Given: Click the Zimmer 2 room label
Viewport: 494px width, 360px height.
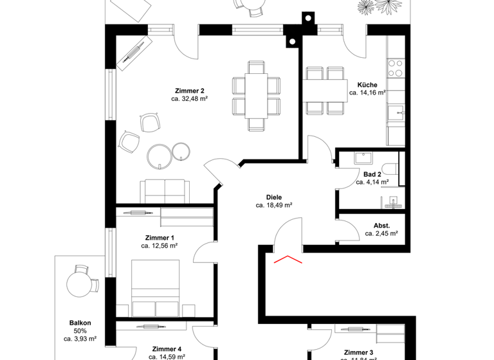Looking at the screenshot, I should point(189,90).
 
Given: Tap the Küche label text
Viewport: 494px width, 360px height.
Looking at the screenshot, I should point(367,84).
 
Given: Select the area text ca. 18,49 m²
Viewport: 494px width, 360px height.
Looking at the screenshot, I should point(274,206).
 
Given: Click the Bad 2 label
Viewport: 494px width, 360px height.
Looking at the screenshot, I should point(372,174).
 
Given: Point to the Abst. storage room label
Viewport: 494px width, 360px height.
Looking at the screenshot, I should point(381,225).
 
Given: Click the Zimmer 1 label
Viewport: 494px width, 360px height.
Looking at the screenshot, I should point(160,237).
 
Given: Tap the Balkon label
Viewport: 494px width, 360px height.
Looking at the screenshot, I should point(80,323).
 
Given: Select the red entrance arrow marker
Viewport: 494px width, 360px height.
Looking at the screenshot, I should point(289,259).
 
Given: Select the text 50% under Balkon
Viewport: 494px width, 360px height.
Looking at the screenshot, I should point(80,331).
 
